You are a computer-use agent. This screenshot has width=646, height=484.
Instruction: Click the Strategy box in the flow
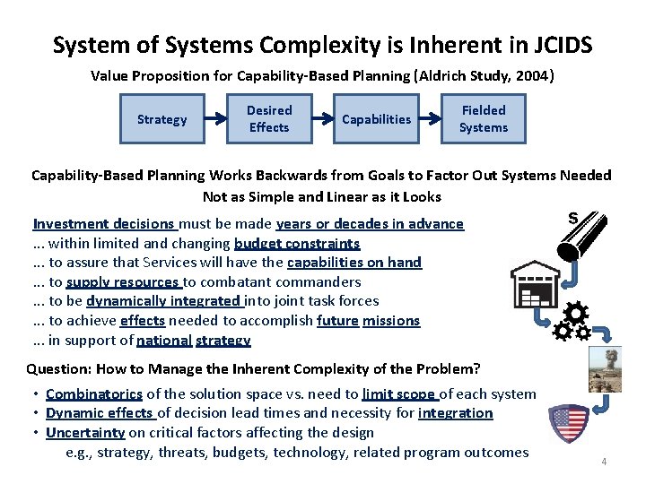point(161,119)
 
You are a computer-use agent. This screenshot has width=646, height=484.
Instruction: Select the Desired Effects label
point(269,119)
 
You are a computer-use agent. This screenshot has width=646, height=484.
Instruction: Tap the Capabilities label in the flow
point(377,119)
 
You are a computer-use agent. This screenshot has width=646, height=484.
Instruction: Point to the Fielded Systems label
point(484,119)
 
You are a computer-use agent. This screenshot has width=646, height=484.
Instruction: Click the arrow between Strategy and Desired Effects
point(214,119)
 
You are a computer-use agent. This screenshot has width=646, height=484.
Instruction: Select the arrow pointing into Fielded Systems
point(432,119)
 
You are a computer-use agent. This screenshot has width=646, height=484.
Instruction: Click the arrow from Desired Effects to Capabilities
point(324,119)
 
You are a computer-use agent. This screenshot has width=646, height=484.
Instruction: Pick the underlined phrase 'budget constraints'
point(297,243)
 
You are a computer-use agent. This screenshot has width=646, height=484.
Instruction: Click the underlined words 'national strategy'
point(194,341)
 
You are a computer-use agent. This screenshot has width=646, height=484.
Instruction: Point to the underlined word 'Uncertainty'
point(85,432)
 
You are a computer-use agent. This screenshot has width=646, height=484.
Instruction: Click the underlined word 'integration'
point(455,413)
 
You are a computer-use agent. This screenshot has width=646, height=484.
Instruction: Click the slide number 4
point(604,462)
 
